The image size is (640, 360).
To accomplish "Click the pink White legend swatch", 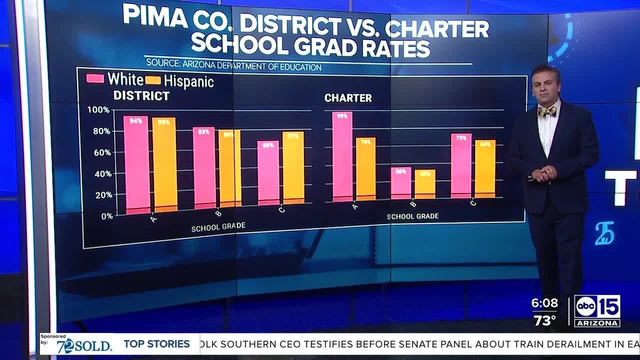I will pyautogui.click(x=95, y=78).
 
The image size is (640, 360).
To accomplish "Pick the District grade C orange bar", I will pyautogui.click(x=293, y=167).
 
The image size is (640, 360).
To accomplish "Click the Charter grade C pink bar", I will pyautogui.click(x=461, y=165).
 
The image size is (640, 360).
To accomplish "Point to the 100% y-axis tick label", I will pyautogui.click(x=98, y=110).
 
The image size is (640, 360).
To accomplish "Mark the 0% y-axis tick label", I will pyautogui.click(x=106, y=216).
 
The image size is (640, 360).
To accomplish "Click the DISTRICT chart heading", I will pyautogui.click(x=141, y=95).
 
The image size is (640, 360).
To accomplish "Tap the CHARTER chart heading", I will pyautogui.click(x=348, y=98).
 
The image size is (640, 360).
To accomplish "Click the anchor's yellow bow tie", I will pyautogui.click(x=546, y=111).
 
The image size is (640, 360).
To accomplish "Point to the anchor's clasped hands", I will pyautogui.click(x=542, y=174).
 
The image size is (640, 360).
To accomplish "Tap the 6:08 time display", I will pyautogui.click(x=544, y=303).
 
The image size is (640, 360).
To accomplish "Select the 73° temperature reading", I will pyautogui.click(x=544, y=320).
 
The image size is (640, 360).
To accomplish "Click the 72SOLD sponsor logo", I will pyautogui.click(x=83, y=345).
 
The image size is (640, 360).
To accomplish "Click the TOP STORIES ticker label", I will pyautogui.click(x=156, y=344).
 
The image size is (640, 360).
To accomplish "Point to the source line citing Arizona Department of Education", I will pyautogui.click(x=233, y=66).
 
